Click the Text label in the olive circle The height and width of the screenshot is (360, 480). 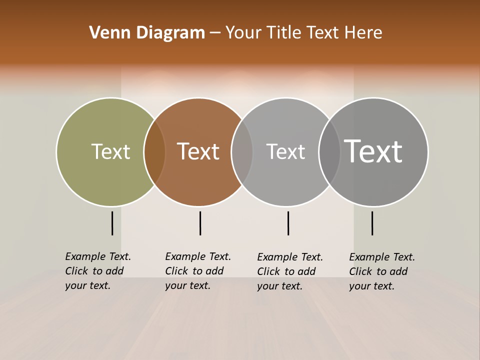point(110,151)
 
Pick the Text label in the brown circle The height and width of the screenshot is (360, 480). point(198,151)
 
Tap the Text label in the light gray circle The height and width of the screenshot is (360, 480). point(285,151)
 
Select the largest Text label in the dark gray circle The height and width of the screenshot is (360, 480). point(373,151)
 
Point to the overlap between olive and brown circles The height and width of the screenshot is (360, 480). point(154,152)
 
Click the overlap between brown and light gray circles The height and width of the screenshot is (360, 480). point(242,152)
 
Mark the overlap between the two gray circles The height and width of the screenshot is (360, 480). point(329,152)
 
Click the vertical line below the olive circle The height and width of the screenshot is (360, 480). point(112,223)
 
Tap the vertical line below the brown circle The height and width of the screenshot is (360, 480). point(200,223)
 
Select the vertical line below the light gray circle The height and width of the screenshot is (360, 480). point(288,223)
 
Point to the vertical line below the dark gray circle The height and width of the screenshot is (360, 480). point(372,223)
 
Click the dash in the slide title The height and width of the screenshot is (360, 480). point(215,33)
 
